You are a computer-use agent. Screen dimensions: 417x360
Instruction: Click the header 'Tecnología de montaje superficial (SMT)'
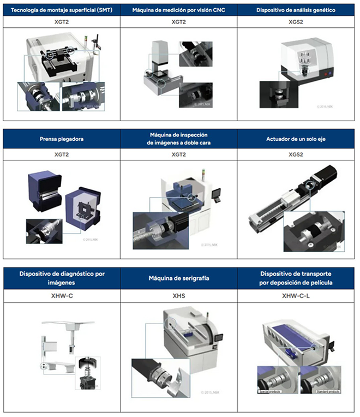[61, 10]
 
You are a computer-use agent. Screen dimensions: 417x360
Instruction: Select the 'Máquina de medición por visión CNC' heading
[178, 10]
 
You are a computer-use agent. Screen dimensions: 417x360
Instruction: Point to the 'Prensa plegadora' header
[61, 138]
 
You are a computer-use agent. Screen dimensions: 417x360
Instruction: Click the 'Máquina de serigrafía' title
[178, 278]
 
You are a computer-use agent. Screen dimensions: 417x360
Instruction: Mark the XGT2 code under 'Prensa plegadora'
[61, 155]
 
